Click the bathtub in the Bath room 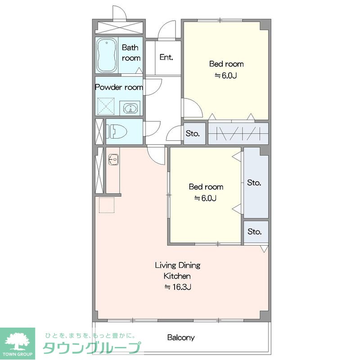(106, 55)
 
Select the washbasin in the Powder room (130, 108)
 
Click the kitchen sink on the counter (113, 159)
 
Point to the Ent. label (166, 57)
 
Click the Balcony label (181, 337)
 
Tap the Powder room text (119, 87)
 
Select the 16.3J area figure (178, 287)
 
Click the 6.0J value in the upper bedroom (226, 75)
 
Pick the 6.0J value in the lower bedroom (206, 198)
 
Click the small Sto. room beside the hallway (194, 134)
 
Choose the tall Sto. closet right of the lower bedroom (256, 183)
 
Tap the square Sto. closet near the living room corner (256, 232)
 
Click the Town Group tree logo (18, 341)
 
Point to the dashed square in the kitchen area (107, 205)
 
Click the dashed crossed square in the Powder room (106, 106)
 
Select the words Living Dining (177, 265)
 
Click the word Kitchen (177, 276)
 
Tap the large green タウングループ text (92, 347)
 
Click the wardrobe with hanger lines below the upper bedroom (238, 134)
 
